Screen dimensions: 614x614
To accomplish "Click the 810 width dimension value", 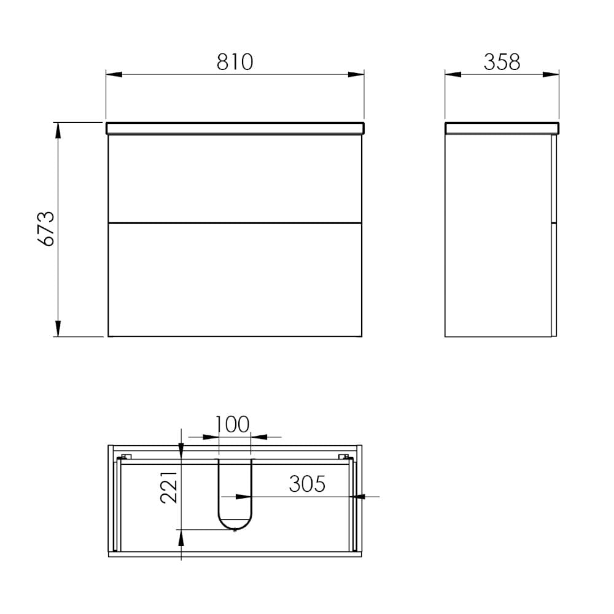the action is coord(235,62).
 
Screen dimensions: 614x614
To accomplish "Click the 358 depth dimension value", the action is coord(502,62).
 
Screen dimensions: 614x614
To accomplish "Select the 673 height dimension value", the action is coord(46,228).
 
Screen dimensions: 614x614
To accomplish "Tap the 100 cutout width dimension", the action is coord(232,424).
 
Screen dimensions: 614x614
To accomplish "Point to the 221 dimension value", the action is coord(169,487).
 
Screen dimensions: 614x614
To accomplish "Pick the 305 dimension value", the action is coord(307,484).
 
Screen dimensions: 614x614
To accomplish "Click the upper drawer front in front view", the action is coord(235,179).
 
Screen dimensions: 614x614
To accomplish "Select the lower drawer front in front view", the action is coord(235,279).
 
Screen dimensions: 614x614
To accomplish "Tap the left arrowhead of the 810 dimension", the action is coord(114,74).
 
